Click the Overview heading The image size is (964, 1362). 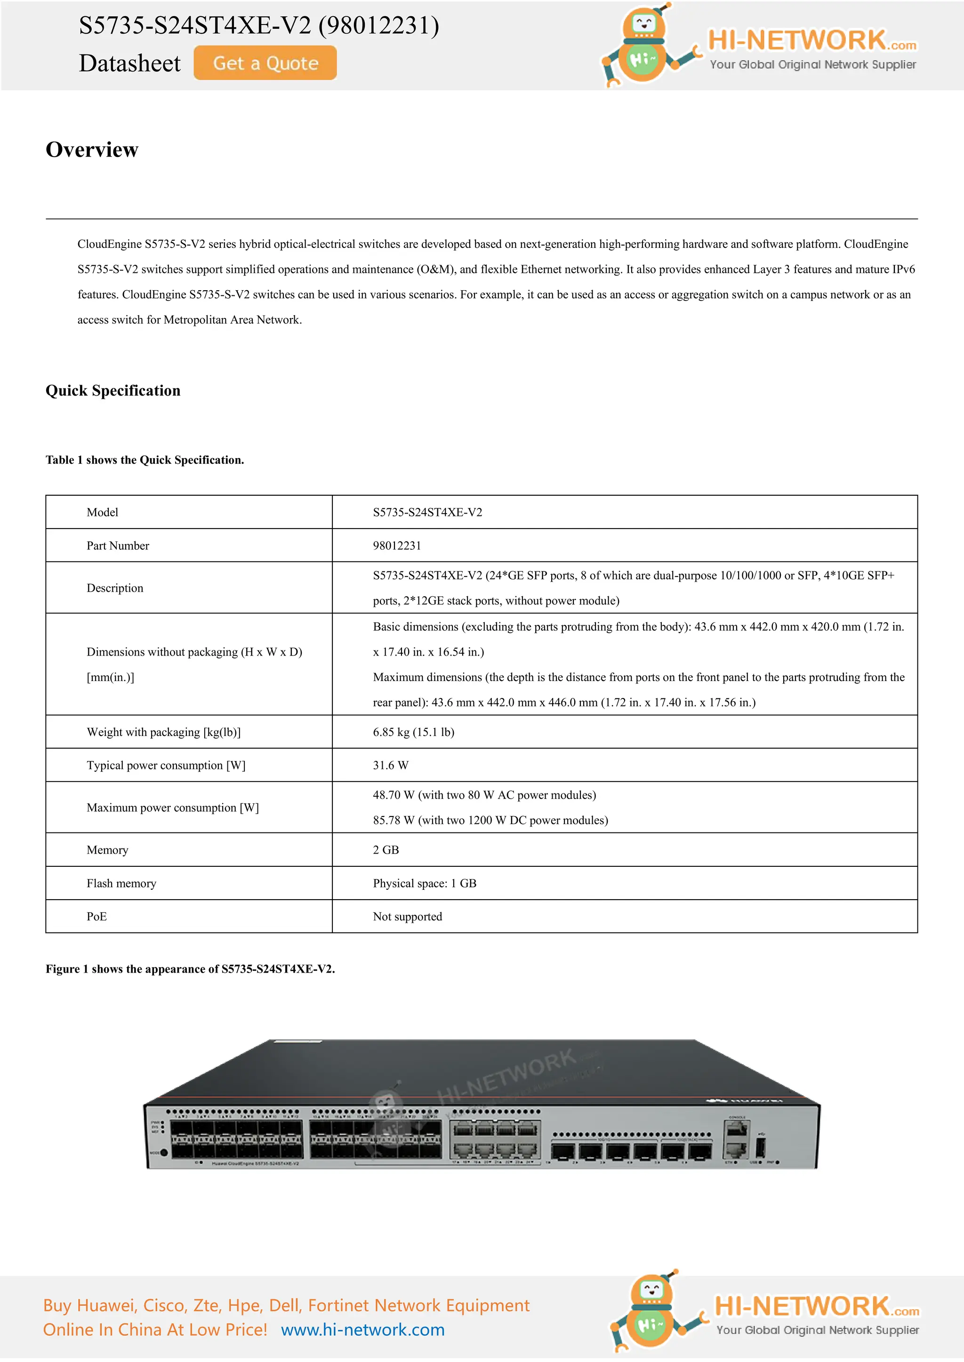click(92, 150)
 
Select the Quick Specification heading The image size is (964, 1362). click(113, 390)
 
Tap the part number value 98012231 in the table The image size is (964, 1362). click(396, 546)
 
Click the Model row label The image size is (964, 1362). click(102, 513)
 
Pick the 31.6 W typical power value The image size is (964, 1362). click(390, 765)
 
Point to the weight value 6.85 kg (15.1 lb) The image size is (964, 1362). click(413, 732)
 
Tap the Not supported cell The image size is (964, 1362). click(407, 917)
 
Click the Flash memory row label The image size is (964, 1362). click(121, 883)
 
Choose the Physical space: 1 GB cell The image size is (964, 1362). click(425, 883)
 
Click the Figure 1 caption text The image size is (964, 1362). click(190, 969)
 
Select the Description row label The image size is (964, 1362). click(114, 588)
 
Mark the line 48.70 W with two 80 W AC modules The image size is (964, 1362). click(484, 795)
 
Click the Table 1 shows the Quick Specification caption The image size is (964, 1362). click(145, 460)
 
